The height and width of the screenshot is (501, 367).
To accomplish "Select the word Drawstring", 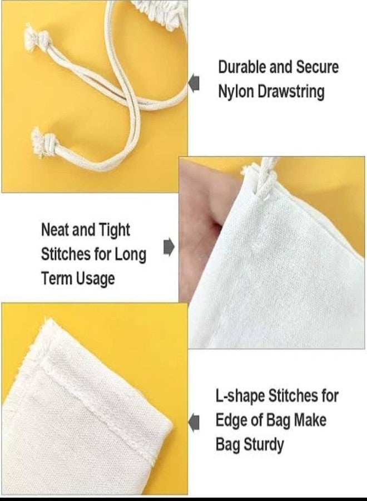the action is point(291,92).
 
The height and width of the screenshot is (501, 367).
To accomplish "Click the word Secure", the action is point(317,67).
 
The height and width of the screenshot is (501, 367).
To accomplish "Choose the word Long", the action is point(131,255).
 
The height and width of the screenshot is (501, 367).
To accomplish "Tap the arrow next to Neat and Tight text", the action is point(169,247).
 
